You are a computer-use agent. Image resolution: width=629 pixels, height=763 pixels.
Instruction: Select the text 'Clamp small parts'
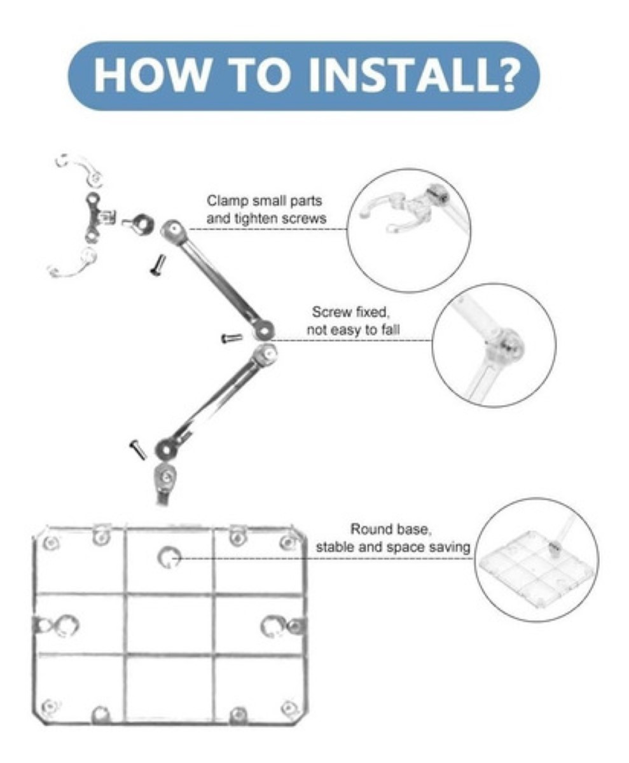click(264, 201)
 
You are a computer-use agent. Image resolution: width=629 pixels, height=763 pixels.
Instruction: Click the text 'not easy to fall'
click(353, 330)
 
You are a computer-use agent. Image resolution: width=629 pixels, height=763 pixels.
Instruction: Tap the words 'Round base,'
click(391, 529)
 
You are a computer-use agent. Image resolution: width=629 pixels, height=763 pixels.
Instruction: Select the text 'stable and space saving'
click(393, 547)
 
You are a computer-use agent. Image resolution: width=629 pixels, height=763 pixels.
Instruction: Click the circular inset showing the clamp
click(408, 230)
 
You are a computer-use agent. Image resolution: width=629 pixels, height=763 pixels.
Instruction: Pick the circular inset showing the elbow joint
click(494, 345)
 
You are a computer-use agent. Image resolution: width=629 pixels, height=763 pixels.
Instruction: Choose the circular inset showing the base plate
click(537, 560)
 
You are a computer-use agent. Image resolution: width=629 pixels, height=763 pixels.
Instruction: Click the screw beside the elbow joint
click(232, 338)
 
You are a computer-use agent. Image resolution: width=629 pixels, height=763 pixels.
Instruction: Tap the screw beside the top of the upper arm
click(158, 265)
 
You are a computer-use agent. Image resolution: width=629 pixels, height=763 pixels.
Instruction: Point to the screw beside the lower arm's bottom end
click(138, 450)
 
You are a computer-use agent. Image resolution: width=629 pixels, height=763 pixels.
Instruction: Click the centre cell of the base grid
click(169, 624)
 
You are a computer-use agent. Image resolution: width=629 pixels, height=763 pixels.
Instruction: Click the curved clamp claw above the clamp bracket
click(79, 167)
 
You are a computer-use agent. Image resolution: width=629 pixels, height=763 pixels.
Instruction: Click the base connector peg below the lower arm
click(163, 484)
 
